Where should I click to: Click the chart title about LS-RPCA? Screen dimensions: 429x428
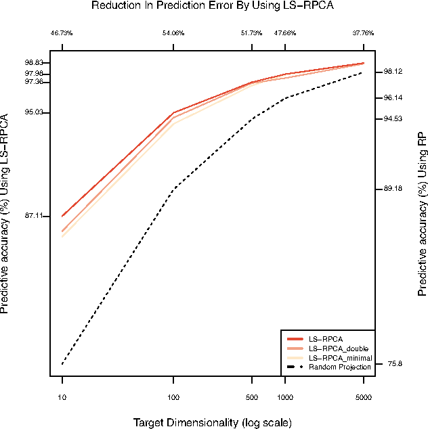214,6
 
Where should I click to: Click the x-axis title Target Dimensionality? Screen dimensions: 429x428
213,422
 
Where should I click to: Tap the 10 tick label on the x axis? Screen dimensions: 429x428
62,399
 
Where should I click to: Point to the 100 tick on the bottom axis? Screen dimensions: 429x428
173,399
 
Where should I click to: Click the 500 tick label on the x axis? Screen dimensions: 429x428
251,399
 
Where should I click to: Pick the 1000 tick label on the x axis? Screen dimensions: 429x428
284,399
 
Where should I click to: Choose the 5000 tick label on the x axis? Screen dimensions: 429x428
363,399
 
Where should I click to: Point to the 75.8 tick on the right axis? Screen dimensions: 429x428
394,364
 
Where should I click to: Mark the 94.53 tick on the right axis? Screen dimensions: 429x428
393,119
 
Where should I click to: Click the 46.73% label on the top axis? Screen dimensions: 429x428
62,32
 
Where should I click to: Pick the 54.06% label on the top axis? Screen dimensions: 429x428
173,32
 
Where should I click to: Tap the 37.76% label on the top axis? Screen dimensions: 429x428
363,32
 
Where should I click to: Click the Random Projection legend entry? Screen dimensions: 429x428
339,367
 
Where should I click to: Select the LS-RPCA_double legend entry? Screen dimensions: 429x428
338,348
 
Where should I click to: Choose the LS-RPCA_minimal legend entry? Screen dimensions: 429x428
339,357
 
